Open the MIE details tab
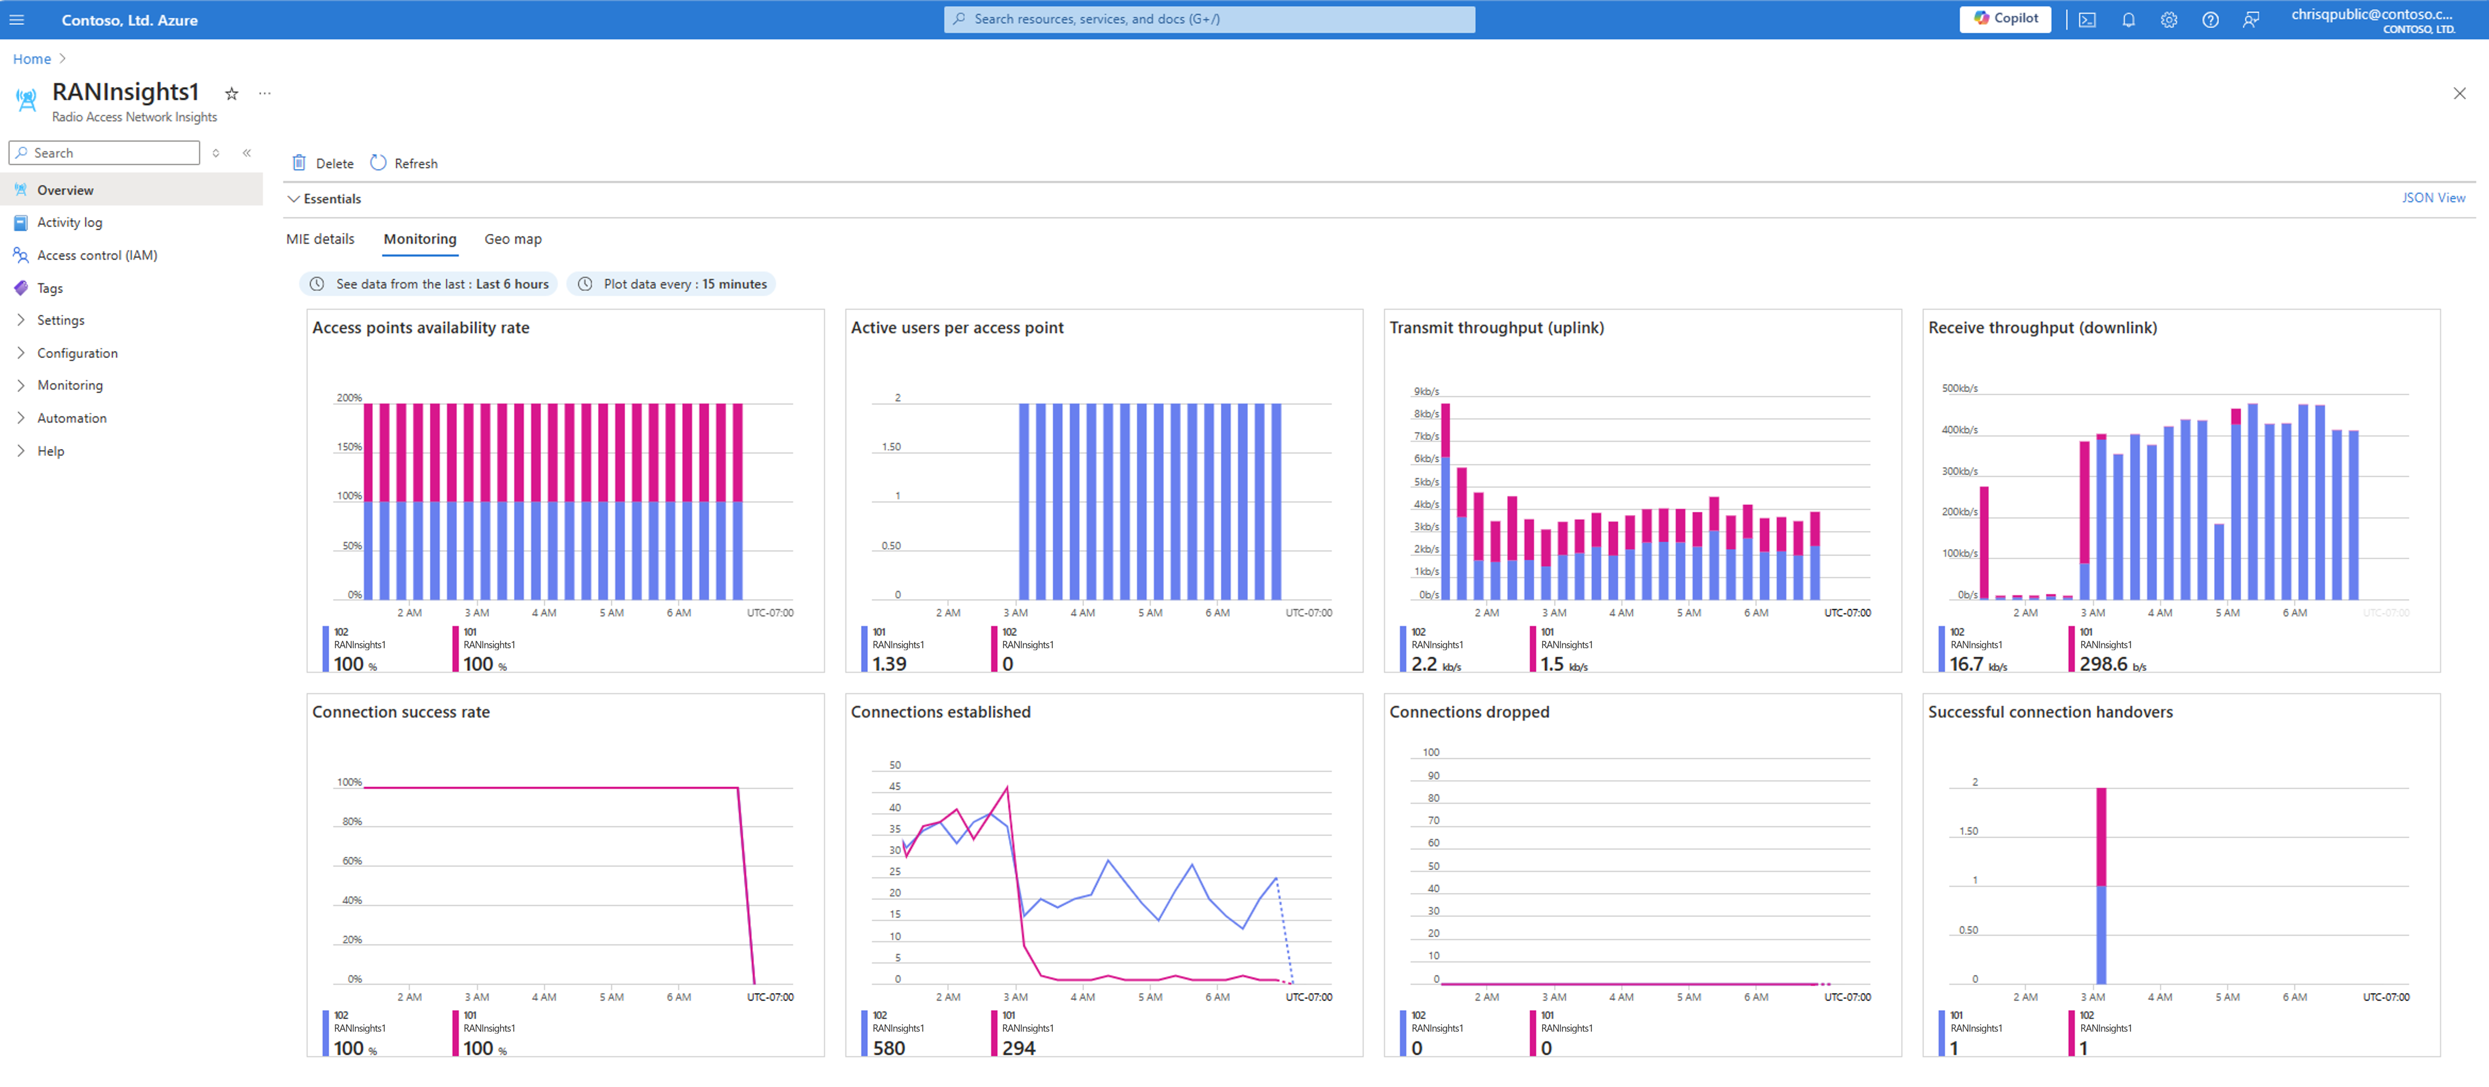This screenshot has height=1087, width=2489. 320,239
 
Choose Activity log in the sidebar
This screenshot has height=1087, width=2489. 70,222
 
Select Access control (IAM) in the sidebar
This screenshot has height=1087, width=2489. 97,255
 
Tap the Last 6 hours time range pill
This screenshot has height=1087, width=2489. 428,284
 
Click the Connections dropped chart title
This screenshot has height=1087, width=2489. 1469,712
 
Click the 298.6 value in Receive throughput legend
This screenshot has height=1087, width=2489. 2103,665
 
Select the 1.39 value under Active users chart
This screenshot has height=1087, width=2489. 889,665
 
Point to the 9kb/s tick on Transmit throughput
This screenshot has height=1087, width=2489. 1426,391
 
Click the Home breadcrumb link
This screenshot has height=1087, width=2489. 32,59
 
